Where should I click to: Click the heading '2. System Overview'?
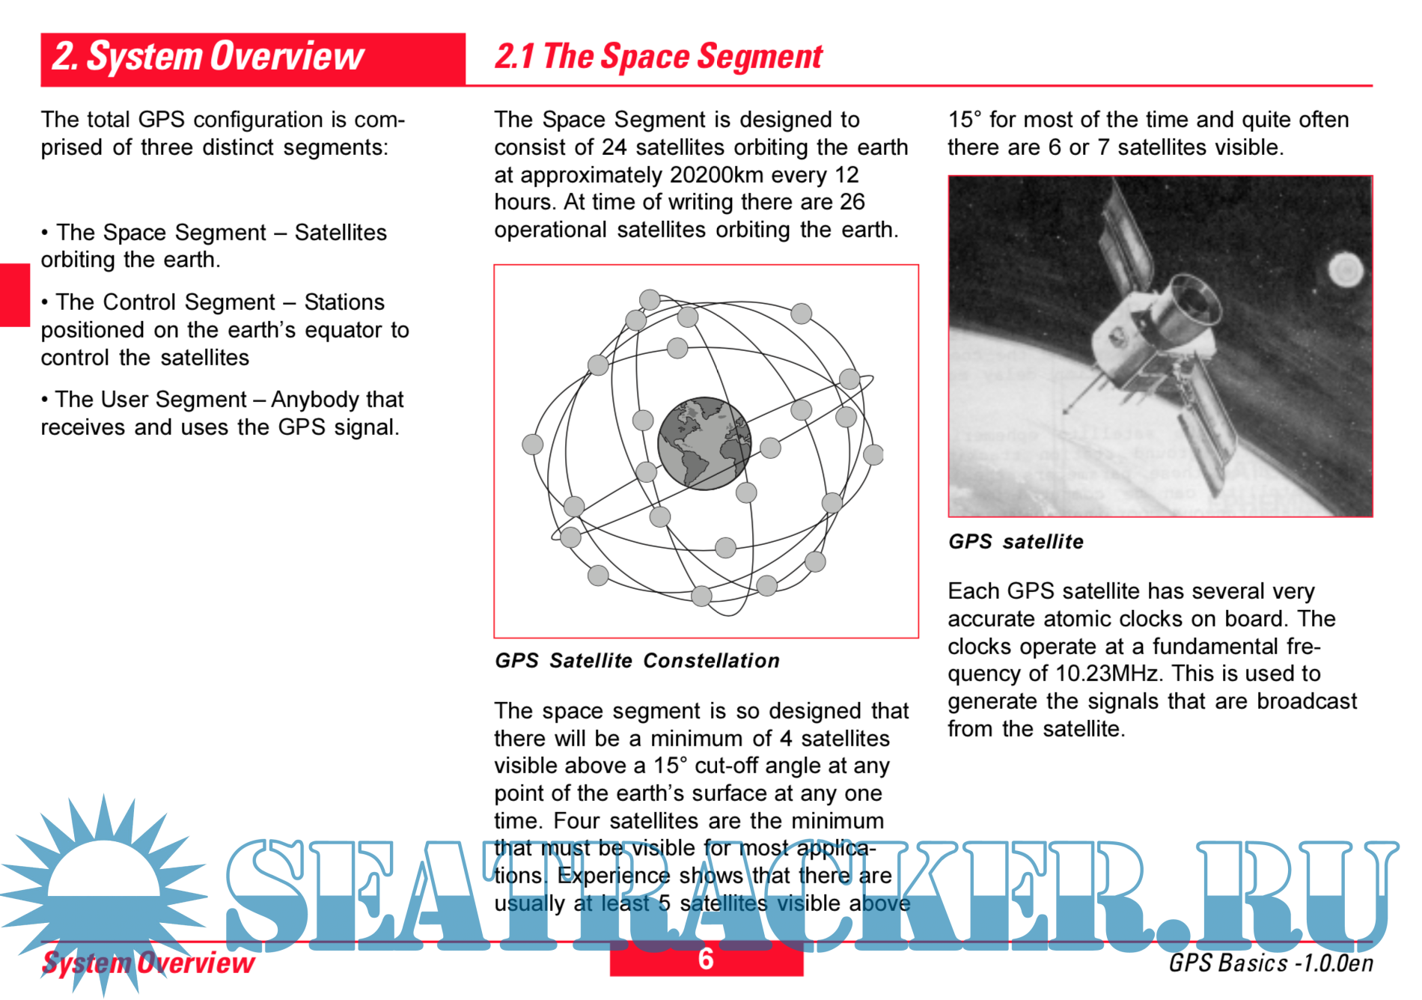pyautogui.click(x=208, y=57)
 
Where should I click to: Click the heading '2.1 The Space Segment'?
pyautogui.click(x=658, y=57)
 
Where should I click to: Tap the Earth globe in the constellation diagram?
pyautogui.click(x=704, y=443)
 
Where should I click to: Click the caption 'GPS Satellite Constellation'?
pyautogui.click(x=637, y=660)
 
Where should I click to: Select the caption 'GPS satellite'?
pyautogui.click(x=1015, y=541)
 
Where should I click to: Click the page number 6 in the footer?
pyautogui.click(x=705, y=959)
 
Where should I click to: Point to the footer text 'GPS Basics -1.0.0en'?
pyautogui.click(x=1270, y=963)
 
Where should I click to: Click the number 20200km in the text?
pyautogui.click(x=716, y=175)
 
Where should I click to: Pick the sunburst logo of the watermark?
pyautogui.click(x=103, y=891)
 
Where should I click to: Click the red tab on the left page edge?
pyautogui.click(x=14, y=295)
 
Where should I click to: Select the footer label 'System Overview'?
pyautogui.click(x=148, y=963)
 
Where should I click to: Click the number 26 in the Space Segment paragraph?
pyautogui.click(x=852, y=202)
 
